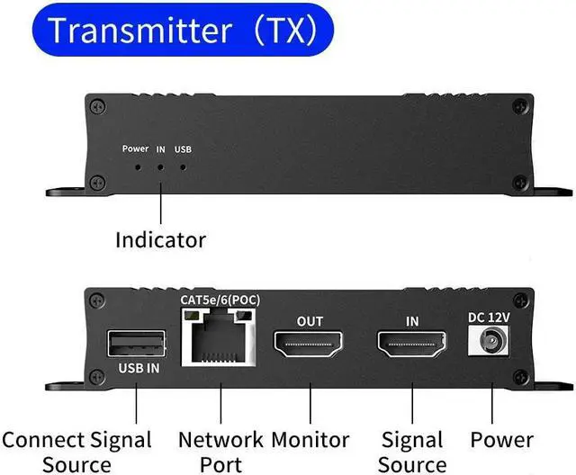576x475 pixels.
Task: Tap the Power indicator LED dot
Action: [137, 166]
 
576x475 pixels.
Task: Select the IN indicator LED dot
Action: [161, 166]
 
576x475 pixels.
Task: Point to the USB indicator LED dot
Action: [184, 166]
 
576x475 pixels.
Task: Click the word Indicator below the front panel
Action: [160, 240]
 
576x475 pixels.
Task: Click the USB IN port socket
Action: [137, 344]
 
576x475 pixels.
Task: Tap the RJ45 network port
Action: [217, 338]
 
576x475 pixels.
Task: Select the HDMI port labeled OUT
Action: [310, 344]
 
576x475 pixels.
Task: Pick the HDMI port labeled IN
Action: [412, 344]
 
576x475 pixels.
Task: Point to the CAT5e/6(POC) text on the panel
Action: [220, 299]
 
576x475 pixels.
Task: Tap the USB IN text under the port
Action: [139, 368]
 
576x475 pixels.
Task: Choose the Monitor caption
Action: [310, 440]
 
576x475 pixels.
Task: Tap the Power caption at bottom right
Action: [501, 440]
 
